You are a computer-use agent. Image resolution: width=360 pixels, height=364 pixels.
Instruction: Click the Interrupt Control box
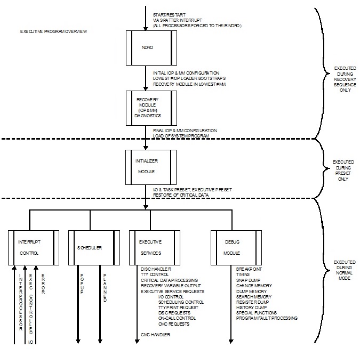pyautogui.click(x=33, y=247)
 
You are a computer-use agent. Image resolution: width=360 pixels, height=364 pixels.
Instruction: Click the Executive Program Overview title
pyautogui.click(x=53, y=32)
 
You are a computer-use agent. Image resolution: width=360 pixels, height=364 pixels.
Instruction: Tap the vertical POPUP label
pyautogui.click(x=82, y=288)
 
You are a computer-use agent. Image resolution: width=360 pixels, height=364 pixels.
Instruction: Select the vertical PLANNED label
pyautogui.click(x=105, y=288)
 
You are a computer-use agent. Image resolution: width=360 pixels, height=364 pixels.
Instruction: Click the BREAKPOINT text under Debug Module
pyautogui.click(x=248, y=269)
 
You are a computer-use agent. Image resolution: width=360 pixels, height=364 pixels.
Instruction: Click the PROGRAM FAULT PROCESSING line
pyautogui.click(x=267, y=318)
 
